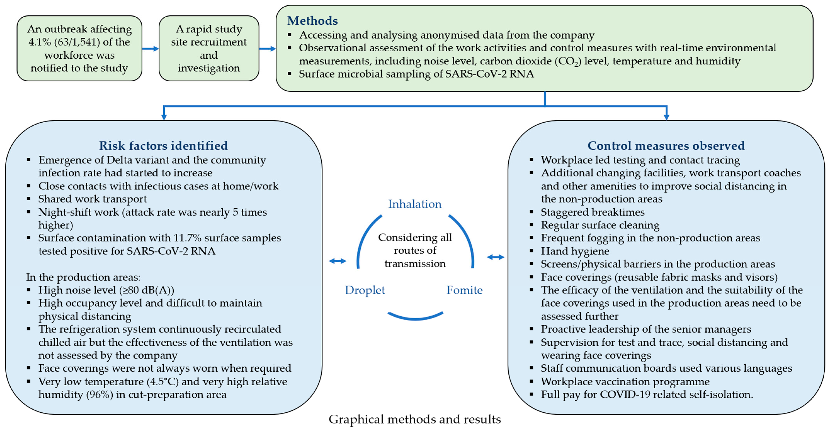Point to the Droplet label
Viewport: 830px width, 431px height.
365,290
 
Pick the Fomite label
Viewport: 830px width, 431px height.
464,290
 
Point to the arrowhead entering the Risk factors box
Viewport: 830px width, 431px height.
164,117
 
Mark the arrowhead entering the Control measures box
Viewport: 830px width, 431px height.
666,117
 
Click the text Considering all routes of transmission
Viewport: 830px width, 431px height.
415,250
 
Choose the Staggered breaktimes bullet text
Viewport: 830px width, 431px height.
593,212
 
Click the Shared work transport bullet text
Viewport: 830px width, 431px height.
93,199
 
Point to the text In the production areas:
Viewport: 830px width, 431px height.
83,277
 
